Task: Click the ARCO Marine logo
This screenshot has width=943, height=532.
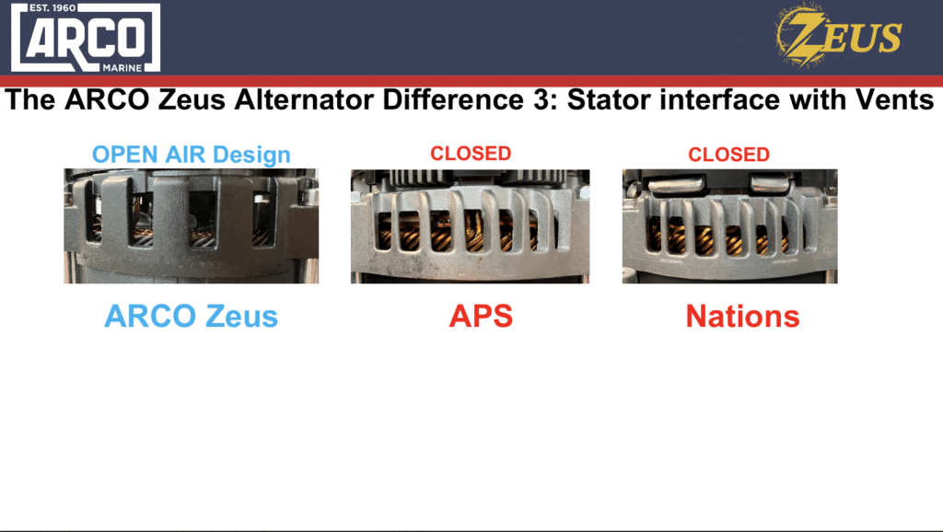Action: (86, 37)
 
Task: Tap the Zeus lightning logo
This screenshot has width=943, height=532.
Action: (838, 35)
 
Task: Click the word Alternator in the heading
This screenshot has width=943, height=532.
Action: (304, 99)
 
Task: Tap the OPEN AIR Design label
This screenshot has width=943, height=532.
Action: (192, 155)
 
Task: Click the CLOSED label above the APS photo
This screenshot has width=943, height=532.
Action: (471, 154)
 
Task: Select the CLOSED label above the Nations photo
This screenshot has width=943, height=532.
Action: (729, 155)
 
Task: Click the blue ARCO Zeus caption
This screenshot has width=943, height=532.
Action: (192, 317)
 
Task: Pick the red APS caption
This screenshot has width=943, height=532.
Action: (481, 316)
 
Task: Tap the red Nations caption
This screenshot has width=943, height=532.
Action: (743, 317)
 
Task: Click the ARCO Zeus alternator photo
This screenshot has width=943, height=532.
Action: (192, 226)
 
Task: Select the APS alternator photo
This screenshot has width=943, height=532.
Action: (471, 226)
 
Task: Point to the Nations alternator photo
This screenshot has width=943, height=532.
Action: (730, 226)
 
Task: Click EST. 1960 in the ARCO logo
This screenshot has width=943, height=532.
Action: (52, 7)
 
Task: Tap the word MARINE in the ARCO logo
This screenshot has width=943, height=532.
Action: (122, 68)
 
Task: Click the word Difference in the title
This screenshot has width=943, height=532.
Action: (453, 99)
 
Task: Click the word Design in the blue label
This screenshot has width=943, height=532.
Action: (252, 156)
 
